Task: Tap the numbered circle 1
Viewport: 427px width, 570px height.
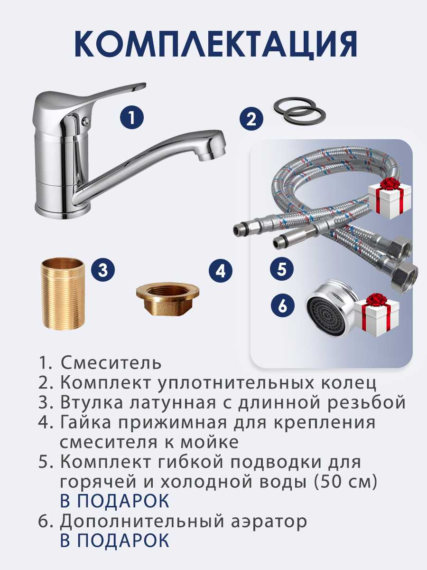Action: coord(132,118)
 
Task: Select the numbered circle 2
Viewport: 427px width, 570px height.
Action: coord(251,120)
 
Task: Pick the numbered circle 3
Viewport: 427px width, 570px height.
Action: coord(102,270)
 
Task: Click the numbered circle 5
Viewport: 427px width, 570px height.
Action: coord(282,269)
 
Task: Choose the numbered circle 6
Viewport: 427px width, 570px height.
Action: coord(283,305)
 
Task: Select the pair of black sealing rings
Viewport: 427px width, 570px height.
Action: coord(299,111)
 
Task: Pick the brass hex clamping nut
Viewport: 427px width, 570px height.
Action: coord(168,299)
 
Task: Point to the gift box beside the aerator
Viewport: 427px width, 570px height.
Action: coord(377,315)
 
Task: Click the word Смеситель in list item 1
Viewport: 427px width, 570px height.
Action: coord(111,362)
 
